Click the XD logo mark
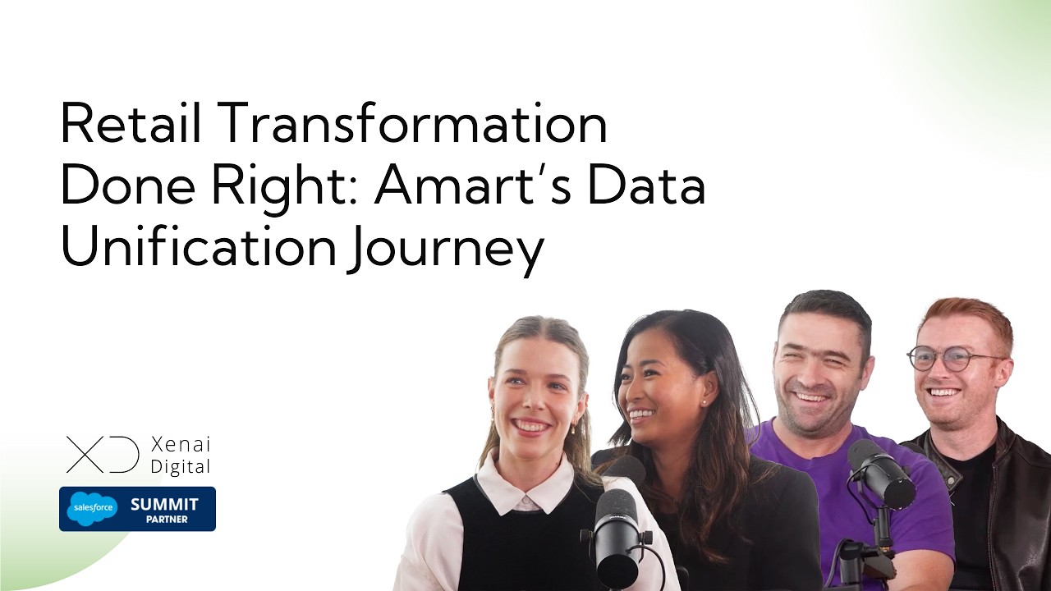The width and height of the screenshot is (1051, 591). [x=103, y=455]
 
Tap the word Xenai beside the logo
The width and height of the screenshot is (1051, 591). [x=181, y=445]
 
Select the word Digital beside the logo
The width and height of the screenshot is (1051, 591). [x=181, y=466]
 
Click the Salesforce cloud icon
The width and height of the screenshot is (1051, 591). [x=91, y=508]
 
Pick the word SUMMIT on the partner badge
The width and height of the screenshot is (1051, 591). [x=164, y=504]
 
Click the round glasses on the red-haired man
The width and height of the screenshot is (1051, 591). [x=952, y=358]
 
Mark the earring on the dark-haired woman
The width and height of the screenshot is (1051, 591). [x=704, y=403]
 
